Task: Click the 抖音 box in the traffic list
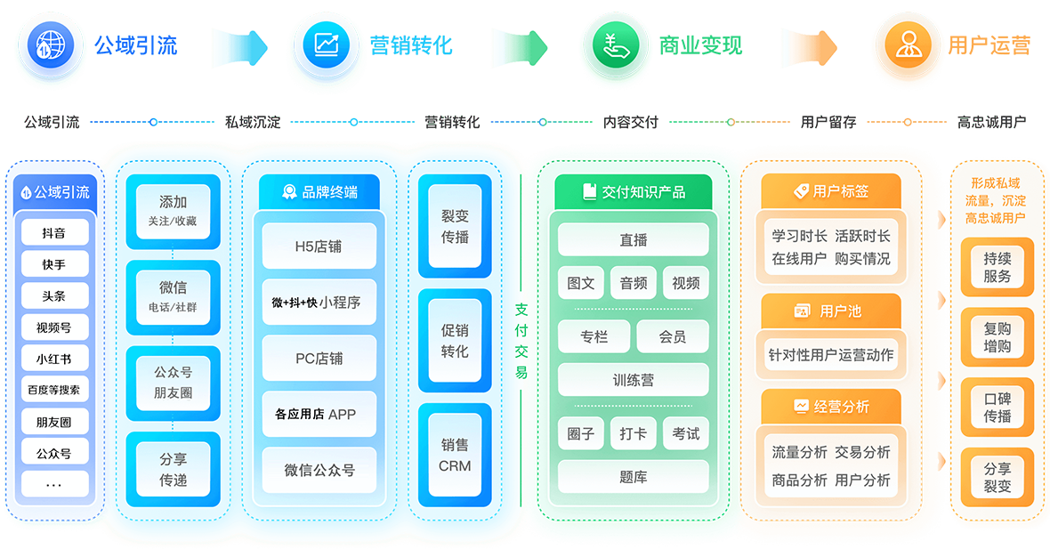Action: click(x=53, y=233)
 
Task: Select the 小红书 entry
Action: click(x=53, y=359)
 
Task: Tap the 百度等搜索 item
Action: click(x=53, y=390)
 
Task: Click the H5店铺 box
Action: click(x=319, y=246)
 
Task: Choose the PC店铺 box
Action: click(x=319, y=359)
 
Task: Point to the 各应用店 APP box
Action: click(x=319, y=414)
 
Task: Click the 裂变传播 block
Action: click(x=455, y=226)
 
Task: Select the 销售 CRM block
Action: click(x=455, y=455)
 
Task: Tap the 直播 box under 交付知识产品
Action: click(x=633, y=240)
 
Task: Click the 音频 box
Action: click(x=633, y=283)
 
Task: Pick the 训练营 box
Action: click(x=633, y=380)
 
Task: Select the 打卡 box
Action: click(x=633, y=433)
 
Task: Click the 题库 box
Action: click(x=633, y=477)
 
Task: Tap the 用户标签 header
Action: click(x=830, y=191)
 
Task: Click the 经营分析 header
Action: click(x=830, y=407)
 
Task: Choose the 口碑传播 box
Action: click(x=997, y=408)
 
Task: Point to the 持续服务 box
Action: click(x=997, y=267)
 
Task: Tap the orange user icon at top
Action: click(x=907, y=44)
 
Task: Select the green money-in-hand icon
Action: click(x=615, y=44)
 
